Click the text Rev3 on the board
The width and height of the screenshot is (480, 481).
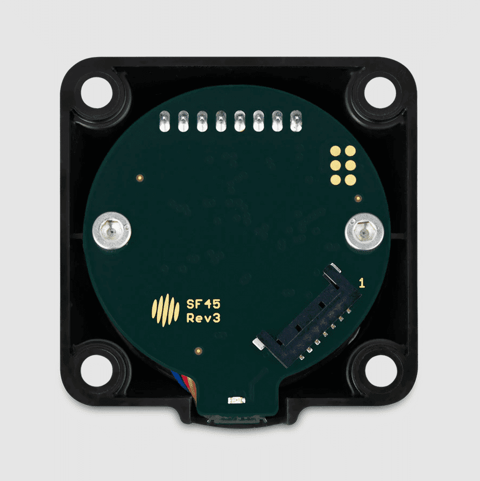[203, 318]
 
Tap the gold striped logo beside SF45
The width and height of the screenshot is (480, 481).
[165, 310]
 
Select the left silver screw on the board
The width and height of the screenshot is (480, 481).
[111, 231]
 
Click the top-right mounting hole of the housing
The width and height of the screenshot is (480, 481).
[379, 91]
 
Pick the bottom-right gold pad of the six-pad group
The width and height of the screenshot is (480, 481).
[350, 180]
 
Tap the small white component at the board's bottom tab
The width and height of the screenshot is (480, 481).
[235, 400]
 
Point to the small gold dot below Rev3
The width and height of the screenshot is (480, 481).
[199, 351]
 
